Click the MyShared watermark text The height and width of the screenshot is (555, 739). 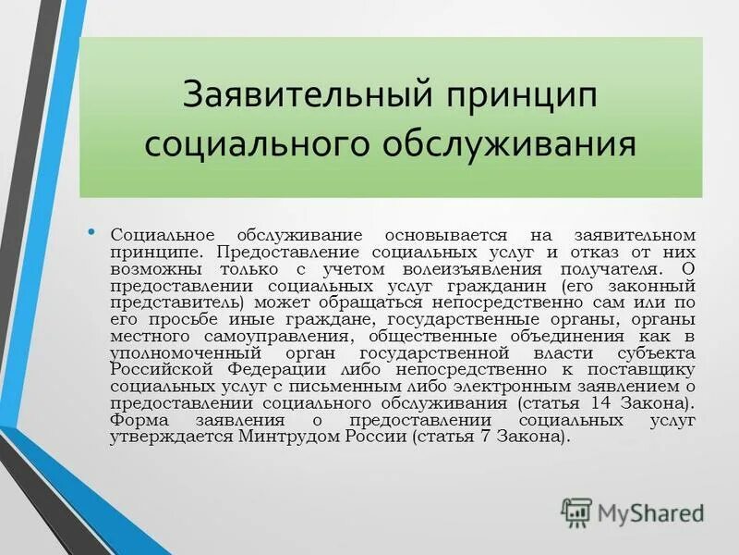(650, 513)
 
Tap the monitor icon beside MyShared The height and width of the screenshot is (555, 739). (576, 512)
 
